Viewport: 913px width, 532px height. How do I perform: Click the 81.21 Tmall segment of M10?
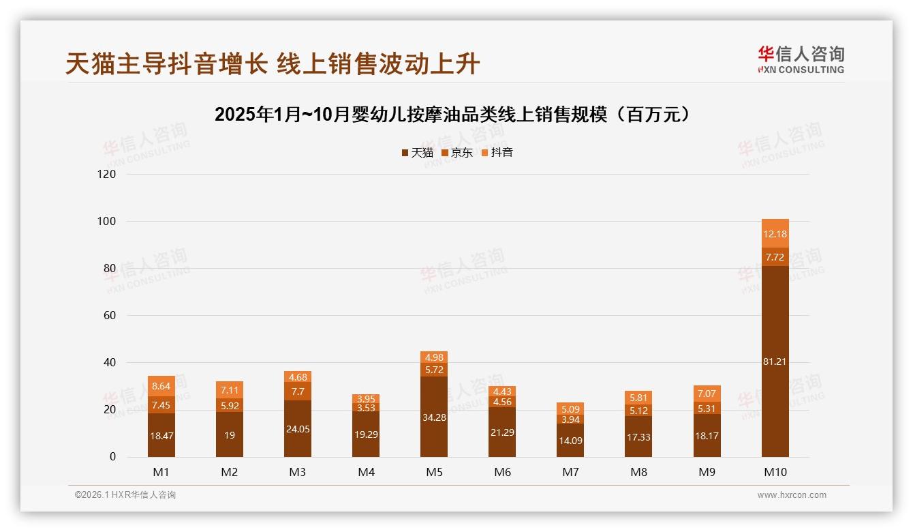click(x=775, y=361)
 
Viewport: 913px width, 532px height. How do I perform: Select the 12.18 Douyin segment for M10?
click(x=775, y=234)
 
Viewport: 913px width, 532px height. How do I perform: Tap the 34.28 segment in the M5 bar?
click(x=434, y=417)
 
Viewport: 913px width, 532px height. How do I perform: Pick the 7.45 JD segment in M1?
click(x=161, y=405)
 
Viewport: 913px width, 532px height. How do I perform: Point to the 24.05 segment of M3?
click(x=298, y=428)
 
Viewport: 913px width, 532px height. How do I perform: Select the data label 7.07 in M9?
click(x=707, y=394)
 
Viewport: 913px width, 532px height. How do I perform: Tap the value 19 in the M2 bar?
click(x=230, y=434)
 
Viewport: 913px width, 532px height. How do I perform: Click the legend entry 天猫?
click(x=418, y=152)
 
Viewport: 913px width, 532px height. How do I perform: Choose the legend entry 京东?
click(x=457, y=152)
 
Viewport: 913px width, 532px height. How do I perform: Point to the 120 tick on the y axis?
click(x=107, y=174)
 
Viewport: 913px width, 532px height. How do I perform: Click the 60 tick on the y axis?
click(x=109, y=315)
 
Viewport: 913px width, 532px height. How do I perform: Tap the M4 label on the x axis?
click(x=366, y=472)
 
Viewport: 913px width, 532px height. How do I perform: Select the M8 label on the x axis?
click(x=638, y=472)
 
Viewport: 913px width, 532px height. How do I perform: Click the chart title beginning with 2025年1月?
click(x=456, y=115)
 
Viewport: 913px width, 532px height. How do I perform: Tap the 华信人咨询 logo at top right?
click(x=801, y=59)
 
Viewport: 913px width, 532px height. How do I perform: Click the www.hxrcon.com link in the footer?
click(x=792, y=495)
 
